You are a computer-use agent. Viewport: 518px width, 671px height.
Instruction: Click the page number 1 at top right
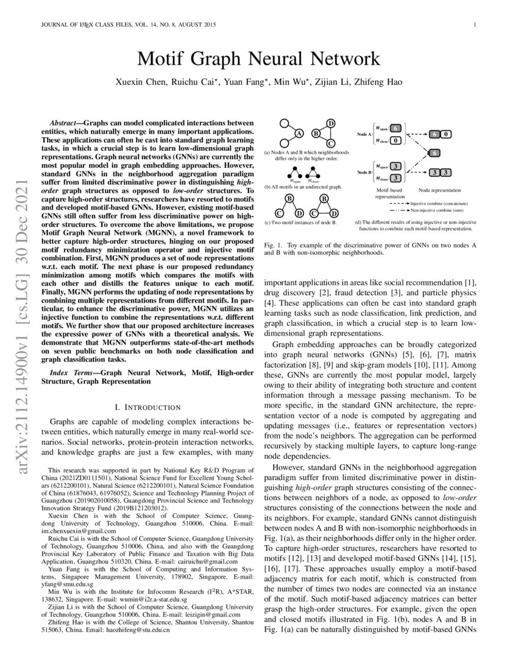point(474,25)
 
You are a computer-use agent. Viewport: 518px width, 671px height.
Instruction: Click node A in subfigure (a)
point(299,134)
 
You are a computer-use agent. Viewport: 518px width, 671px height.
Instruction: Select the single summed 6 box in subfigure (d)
point(435,152)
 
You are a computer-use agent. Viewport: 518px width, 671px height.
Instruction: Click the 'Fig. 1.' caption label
point(272,244)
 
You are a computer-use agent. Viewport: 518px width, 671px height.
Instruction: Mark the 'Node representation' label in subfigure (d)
point(440,191)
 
